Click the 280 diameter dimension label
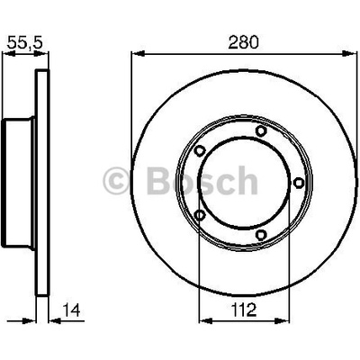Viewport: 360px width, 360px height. click(243, 42)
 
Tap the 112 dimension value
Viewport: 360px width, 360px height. click(244, 310)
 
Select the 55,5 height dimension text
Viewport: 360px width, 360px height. click(25, 42)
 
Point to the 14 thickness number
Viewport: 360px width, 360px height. click(71, 310)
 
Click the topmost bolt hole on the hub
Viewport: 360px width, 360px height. click(261, 130)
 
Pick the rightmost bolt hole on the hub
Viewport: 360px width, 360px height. click(298, 183)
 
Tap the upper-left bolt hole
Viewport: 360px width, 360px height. click(199, 150)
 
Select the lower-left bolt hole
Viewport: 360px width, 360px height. click(200, 215)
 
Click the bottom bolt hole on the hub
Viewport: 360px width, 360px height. click(261, 234)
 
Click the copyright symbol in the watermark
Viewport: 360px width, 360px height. click(116, 181)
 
